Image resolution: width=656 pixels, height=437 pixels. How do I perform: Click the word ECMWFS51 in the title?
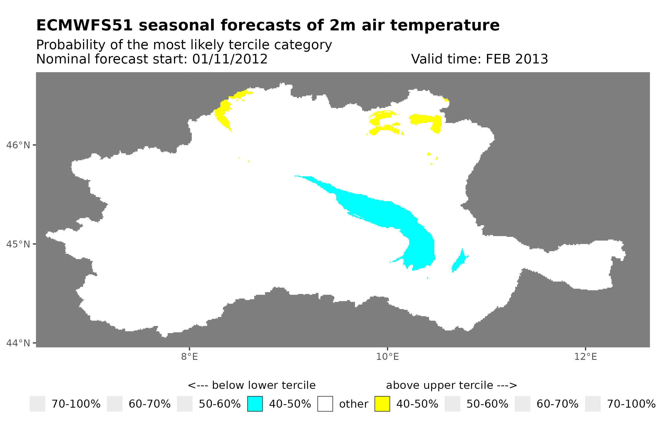coord(84,25)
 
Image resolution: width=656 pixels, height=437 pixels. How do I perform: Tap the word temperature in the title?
coord(444,25)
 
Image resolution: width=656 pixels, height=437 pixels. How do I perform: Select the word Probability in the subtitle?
coord(71,45)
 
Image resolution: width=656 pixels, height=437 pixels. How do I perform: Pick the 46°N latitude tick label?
coord(18,145)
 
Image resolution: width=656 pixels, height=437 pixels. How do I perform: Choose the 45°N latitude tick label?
coord(18,244)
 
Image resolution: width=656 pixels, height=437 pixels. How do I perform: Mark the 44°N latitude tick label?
coord(18,343)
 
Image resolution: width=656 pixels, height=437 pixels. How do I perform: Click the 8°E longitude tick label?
coord(189,357)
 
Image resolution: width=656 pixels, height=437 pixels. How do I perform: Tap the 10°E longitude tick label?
coord(387,357)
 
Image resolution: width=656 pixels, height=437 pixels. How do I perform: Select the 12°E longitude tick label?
coord(585,357)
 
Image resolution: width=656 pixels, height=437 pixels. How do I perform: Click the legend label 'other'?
coord(353,404)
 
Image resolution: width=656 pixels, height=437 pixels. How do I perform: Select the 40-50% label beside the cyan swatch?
coord(290,404)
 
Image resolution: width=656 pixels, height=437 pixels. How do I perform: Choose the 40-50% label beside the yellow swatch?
coord(417,404)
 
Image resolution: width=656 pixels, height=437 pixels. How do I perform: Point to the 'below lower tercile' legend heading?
coord(252,385)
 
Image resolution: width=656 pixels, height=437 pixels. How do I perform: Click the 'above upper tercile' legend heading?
coord(451,385)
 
